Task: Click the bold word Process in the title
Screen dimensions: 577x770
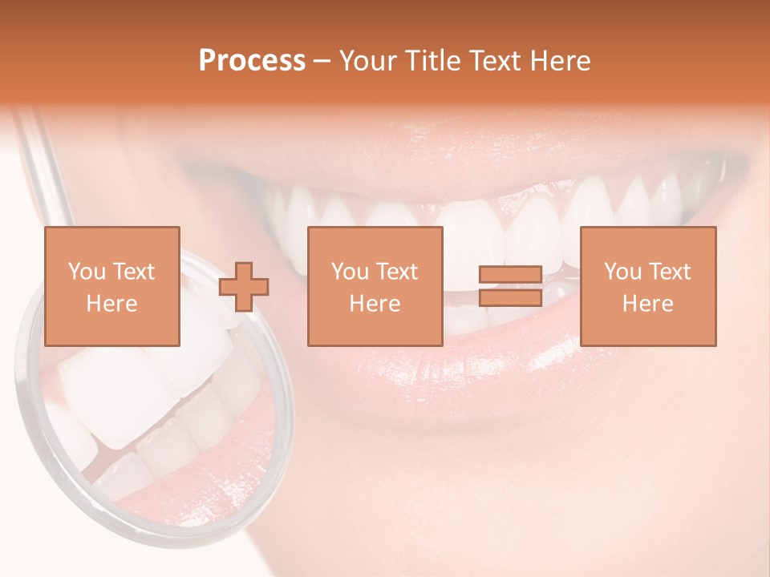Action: [252, 61]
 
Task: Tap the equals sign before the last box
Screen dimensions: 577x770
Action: [510, 286]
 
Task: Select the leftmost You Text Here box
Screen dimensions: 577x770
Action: [112, 286]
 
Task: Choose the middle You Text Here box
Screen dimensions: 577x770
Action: [375, 286]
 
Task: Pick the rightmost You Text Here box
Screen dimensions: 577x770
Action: [648, 286]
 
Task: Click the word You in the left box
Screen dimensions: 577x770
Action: [87, 272]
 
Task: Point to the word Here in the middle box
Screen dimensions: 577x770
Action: [375, 304]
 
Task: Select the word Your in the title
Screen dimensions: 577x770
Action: [367, 61]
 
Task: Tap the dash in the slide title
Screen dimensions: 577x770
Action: [322, 61]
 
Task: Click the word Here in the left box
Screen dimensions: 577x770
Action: [112, 304]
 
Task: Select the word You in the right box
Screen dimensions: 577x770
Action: [623, 272]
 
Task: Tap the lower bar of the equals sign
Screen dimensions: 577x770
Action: [510, 297]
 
